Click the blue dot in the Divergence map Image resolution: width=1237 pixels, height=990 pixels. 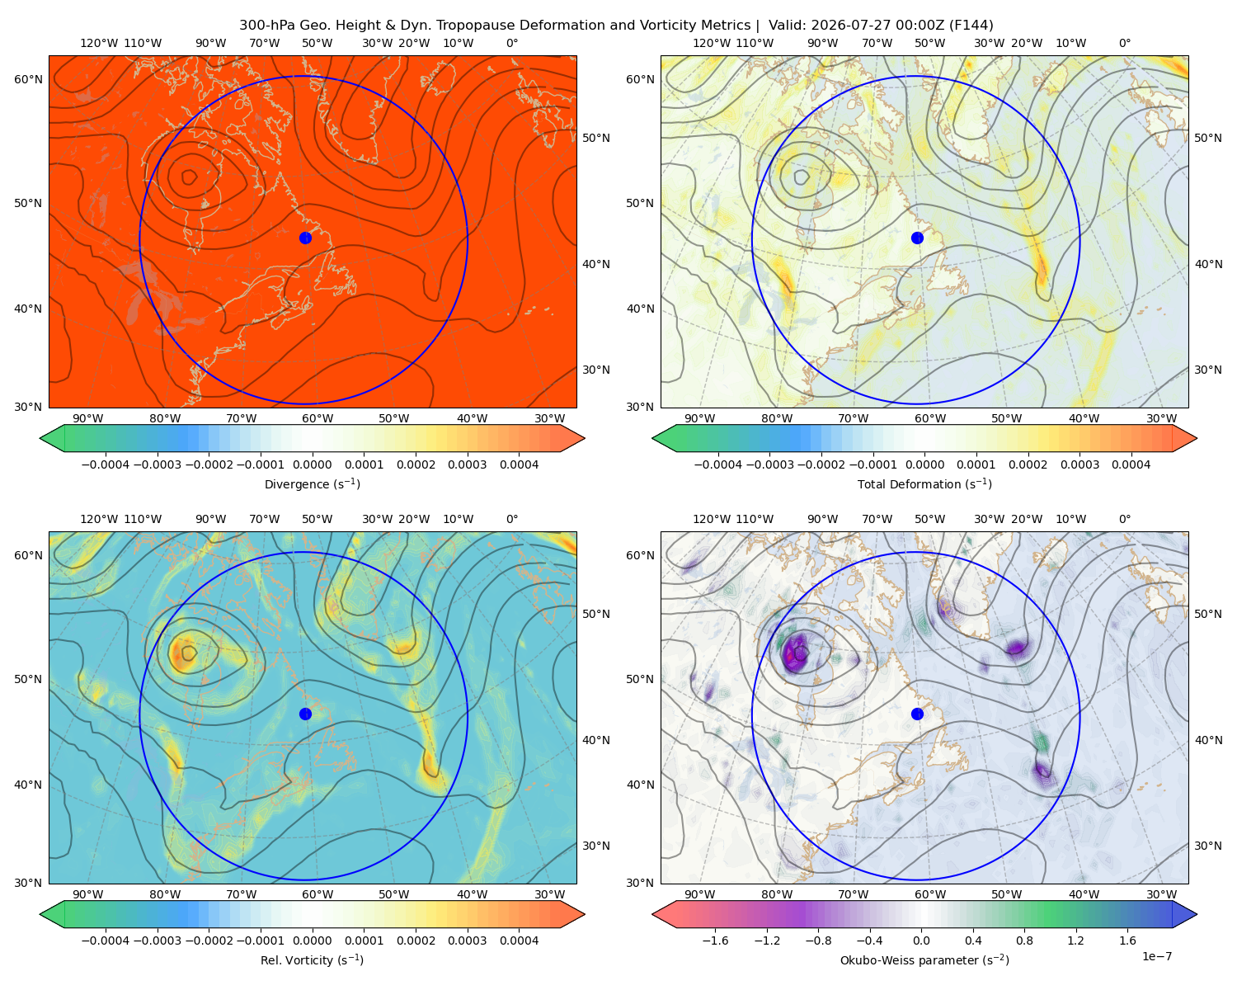(x=305, y=238)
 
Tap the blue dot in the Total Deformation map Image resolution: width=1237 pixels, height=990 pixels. (x=917, y=238)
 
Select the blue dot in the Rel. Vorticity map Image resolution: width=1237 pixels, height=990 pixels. (x=305, y=714)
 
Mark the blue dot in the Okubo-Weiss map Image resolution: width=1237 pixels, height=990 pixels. (x=917, y=714)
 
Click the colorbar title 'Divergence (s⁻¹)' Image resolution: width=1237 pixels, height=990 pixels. (x=312, y=484)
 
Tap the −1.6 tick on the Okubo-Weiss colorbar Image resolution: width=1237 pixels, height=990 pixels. (x=715, y=940)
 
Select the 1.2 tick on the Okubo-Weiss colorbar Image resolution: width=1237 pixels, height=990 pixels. (x=1075, y=940)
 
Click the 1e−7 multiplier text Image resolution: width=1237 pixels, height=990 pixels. (x=1156, y=957)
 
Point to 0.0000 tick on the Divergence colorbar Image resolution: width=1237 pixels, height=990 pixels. (x=312, y=464)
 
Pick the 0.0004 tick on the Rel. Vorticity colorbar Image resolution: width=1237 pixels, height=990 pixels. (x=519, y=940)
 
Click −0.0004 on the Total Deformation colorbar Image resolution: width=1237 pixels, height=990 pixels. (x=718, y=464)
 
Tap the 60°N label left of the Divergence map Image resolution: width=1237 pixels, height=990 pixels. (x=28, y=79)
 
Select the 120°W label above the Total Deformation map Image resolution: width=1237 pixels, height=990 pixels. (x=712, y=43)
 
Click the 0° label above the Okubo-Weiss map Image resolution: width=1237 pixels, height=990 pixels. (x=1125, y=519)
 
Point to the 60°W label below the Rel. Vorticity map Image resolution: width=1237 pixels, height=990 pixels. (x=317, y=894)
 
